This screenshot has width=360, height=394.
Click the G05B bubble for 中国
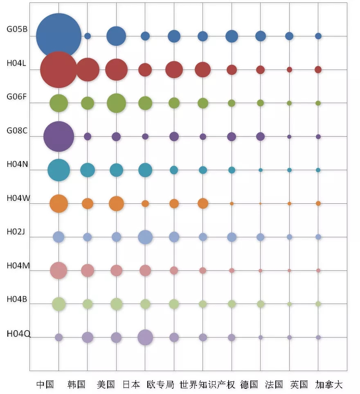click(59, 36)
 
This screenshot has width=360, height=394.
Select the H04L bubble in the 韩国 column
click(88, 70)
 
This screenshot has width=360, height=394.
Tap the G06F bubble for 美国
click(116, 103)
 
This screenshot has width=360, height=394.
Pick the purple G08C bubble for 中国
click(59, 137)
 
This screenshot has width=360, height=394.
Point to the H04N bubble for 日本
click(145, 170)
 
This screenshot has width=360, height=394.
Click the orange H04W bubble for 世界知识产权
click(203, 203)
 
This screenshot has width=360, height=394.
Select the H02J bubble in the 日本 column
click(145, 237)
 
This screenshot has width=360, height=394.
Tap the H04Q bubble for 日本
click(145, 337)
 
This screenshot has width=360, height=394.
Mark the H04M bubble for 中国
click(59, 270)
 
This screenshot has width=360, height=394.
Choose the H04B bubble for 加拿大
click(318, 304)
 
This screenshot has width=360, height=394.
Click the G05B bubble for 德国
click(261, 36)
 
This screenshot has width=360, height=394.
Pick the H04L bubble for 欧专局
click(174, 70)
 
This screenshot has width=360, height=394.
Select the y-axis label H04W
click(18, 198)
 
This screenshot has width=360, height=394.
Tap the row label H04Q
click(18, 333)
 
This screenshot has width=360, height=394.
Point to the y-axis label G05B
click(17, 29)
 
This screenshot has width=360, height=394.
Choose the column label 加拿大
click(329, 385)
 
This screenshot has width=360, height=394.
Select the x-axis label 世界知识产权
click(207, 385)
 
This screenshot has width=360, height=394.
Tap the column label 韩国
click(76, 385)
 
